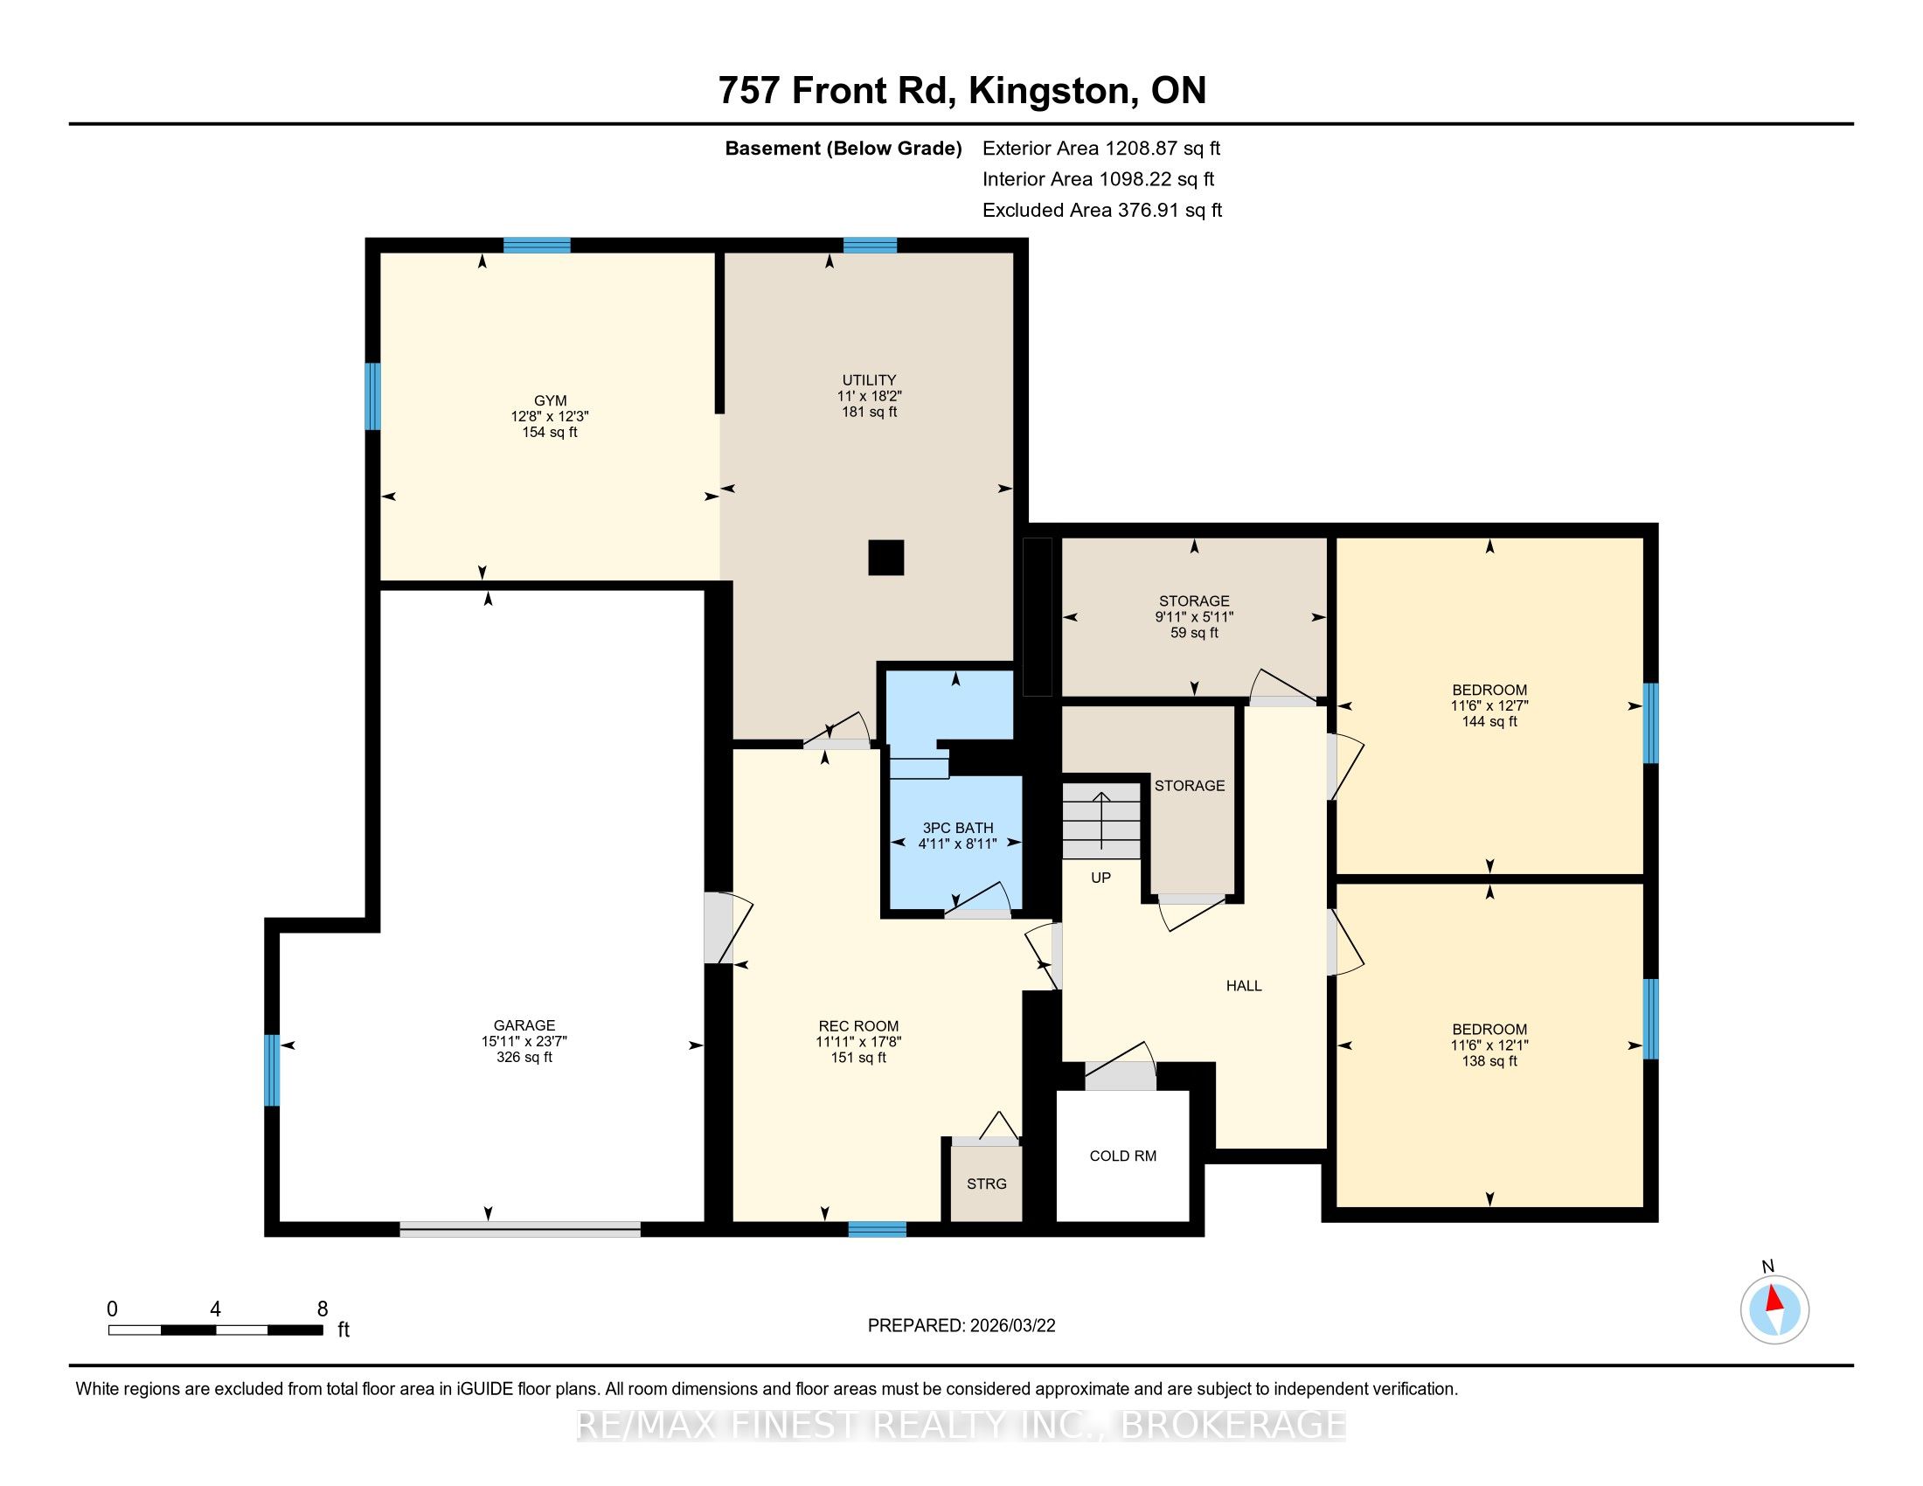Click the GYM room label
(x=550, y=400)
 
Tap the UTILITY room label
(x=869, y=380)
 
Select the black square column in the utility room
(x=885, y=558)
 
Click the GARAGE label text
(x=524, y=1024)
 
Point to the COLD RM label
(x=1122, y=1156)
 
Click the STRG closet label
(x=986, y=1184)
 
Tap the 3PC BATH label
(x=957, y=828)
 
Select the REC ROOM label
(x=858, y=1025)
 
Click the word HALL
(x=1244, y=986)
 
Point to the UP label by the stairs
(x=1100, y=878)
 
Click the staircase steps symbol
(x=1101, y=822)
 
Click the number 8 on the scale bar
(x=323, y=1309)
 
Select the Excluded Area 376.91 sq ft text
(x=1102, y=211)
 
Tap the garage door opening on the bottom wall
(x=520, y=1229)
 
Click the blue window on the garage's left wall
(x=272, y=1070)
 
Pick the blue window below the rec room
(x=877, y=1229)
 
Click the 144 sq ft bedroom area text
(x=1489, y=722)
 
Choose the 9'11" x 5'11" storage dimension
(x=1194, y=617)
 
